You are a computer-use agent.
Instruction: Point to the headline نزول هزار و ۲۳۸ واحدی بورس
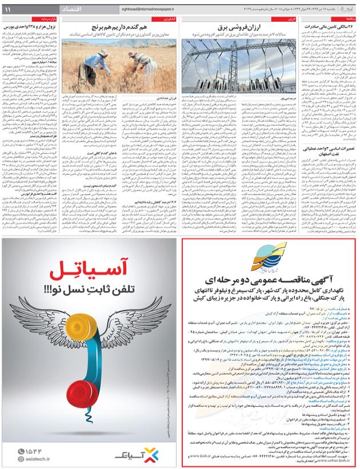pyautogui.click(x=33, y=27)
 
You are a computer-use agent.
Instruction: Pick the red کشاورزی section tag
pyautogui.click(x=173, y=19)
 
